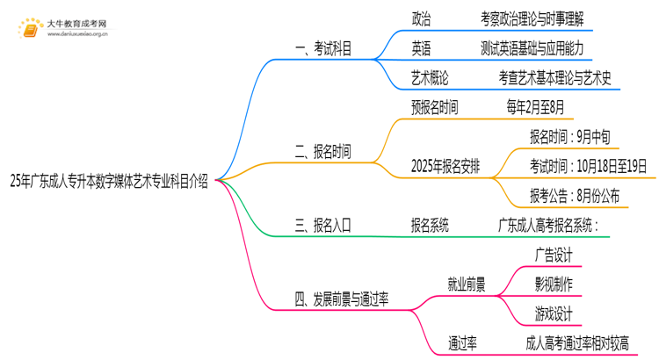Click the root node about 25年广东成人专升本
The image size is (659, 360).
pos(109,182)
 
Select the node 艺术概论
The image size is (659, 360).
pos(430,77)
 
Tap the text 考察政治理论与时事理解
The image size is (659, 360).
pos(532,18)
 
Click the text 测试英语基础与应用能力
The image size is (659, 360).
pos(532,47)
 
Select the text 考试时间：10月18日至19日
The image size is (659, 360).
pos(588,166)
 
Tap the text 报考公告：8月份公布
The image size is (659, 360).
pos(574,196)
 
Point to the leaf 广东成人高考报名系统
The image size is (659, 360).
pos(548,226)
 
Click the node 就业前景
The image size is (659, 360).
pos(467,284)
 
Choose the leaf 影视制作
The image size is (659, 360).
pos(554,284)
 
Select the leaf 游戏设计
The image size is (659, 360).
pos(554,313)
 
